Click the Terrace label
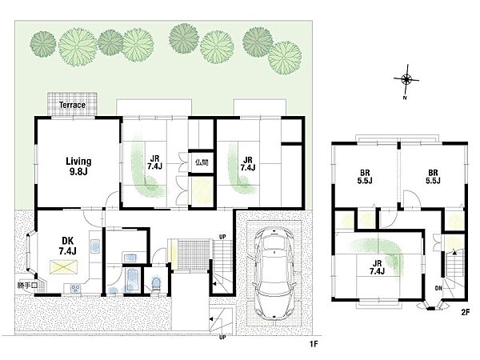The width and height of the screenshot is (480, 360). [72, 105]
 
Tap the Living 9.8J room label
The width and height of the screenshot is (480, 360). [78, 166]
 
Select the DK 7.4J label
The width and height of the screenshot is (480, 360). [68, 246]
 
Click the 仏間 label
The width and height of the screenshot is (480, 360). [202, 162]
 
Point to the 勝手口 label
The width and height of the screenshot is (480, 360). [27, 286]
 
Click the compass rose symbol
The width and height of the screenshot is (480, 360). [406, 79]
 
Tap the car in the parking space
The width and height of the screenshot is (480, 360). [274, 274]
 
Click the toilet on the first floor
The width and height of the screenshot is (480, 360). [156, 286]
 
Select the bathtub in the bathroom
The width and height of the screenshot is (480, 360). [133, 280]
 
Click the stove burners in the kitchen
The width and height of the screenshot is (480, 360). [75, 288]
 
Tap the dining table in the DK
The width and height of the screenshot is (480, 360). [64, 267]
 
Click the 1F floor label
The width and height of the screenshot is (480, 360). [314, 344]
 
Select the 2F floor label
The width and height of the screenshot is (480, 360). [465, 313]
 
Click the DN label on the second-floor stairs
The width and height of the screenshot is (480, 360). [438, 288]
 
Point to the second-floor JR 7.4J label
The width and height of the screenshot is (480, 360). [377, 267]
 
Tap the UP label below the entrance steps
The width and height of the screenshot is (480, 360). [222, 337]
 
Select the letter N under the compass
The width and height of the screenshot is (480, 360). [405, 98]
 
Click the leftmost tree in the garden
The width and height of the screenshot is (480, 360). [43, 44]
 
